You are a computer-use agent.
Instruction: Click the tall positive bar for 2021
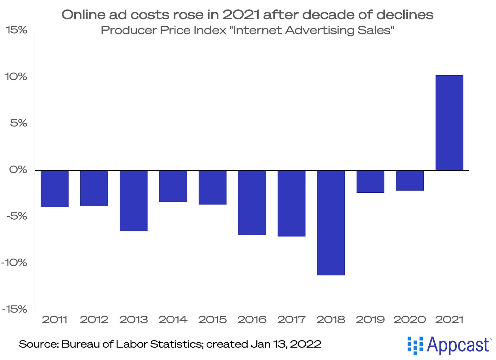pyautogui.click(x=449, y=123)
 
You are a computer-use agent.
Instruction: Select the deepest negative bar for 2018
pyautogui.click(x=331, y=222)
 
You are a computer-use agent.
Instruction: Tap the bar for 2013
pyautogui.click(x=134, y=200)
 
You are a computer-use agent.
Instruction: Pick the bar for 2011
pyautogui.click(x=55, y=188)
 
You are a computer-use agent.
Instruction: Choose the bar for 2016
pyautogui.click(x=252, y=202)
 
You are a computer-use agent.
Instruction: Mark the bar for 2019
pyautogui.click(x=370, y=182)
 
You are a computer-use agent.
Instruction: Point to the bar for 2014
pyautogui.click(x=173, y=186)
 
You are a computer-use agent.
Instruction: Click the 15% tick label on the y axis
pyautogui.click(x=16, y=30)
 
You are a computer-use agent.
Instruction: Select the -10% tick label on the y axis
pyautogui.click(x=14, y=263)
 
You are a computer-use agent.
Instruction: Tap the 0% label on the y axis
pyautogui.click(x=18, y=170)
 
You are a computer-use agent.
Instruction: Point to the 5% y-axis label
pyautogui.click(x=19, y=123)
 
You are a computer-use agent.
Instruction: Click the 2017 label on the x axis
pyautogui.click(x=291, y=319)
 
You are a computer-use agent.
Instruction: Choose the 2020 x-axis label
pyautogui.click(x=410, y=319)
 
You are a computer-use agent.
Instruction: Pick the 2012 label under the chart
pyautogui.click(x=94, y=319)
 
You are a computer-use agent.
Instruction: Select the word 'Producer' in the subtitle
pyautogui.click(x=129, y=30)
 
